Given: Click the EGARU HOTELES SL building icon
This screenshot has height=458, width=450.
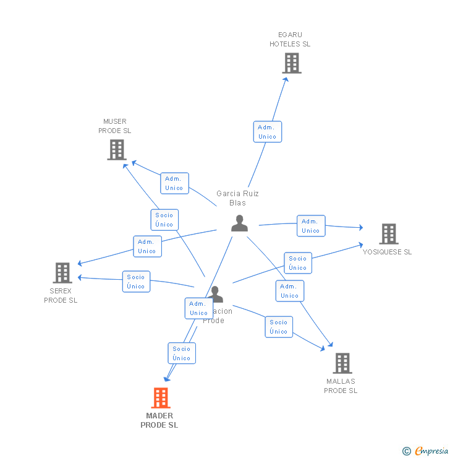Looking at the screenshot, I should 291,63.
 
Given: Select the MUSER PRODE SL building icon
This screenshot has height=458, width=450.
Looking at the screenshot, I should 116,150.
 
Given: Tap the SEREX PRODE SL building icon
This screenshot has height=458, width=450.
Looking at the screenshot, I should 62,273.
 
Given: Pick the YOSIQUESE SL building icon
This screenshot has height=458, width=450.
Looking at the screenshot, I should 388,234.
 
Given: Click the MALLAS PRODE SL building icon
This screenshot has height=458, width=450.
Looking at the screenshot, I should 342,363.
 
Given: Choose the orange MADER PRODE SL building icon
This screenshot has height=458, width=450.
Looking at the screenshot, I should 161,398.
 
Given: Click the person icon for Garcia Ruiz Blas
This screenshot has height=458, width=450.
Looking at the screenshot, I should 239,223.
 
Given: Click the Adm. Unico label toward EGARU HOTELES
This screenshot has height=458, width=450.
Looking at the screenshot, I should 268,132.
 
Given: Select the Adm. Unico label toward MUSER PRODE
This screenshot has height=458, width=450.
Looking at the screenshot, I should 174,183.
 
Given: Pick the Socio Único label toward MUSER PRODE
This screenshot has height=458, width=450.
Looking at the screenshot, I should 164,220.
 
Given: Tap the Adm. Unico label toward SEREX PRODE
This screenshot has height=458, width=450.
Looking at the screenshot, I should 147,246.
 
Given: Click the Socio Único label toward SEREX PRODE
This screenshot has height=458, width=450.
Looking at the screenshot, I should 136,282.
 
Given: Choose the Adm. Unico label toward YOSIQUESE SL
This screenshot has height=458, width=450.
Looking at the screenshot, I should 311,226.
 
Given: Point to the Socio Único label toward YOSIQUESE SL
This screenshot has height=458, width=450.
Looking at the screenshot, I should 297,263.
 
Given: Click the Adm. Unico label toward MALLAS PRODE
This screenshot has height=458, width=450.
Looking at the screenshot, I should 290,291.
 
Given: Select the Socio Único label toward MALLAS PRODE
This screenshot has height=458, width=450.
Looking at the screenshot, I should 279,327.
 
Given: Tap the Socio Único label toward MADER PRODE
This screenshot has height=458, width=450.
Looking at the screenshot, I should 182,353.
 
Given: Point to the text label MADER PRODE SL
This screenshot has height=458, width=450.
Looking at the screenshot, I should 159,420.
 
